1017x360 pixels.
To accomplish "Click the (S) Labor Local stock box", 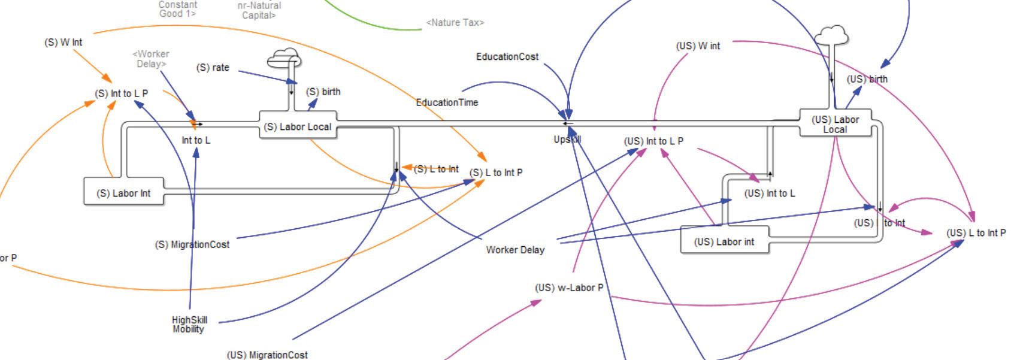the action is (x=298, y=126).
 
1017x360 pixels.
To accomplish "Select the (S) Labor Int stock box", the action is (x=123, y=193).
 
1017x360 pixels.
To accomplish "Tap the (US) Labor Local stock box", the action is (x=835, y=124).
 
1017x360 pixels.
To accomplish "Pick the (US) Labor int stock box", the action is (x=724, y=241).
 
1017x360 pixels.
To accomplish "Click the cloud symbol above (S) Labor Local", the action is (x=284, y=59).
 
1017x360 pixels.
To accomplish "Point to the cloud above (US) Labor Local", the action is (x=831, y=36).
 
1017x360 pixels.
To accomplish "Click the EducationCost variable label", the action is (x=507, y=57).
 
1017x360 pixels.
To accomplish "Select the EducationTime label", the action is (x=447, y=102).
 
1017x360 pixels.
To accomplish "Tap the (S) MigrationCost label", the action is (x=192, y=244).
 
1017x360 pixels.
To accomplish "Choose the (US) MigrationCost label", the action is (x=267, y=355).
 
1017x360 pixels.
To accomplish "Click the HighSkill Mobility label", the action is (x=189, y=324).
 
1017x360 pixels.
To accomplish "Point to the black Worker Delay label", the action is (x=515, y=250).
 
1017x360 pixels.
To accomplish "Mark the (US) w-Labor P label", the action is (x=569, y=288).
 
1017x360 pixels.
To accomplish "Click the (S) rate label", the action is (x=213, y=68).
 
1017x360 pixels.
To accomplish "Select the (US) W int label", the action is (x=698, y=46).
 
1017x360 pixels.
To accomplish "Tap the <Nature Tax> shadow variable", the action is (x=455, y=23).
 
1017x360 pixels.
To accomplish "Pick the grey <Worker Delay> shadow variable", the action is (x=151, y=59).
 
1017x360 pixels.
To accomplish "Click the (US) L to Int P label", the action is (x=976, y=233).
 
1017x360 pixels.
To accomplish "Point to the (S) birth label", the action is (x=323, y=92).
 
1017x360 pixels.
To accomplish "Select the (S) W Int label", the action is (x=63, y=43).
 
